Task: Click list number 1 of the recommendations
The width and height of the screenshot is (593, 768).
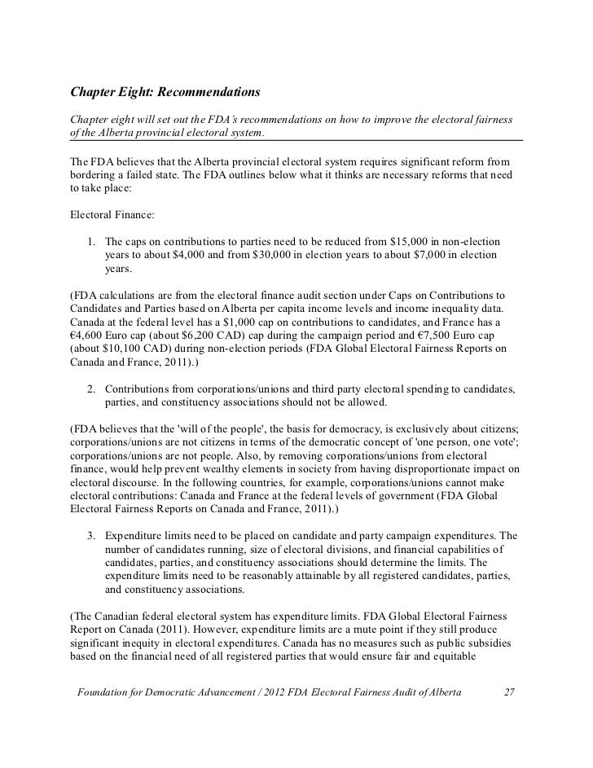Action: pos(93,243)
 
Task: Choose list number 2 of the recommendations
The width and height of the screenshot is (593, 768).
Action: pos(93,388)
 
